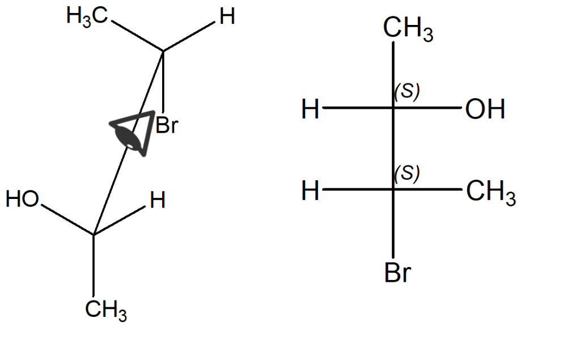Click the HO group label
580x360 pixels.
pos(22,200)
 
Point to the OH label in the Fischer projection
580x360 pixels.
pos(485,109)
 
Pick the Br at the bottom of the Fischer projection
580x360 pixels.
pos(397,273)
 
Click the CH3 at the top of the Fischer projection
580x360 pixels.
pos(408,29)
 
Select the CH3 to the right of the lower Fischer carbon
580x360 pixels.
pos(491,192)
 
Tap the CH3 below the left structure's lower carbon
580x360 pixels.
pos(106,310)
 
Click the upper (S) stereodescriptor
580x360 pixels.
pos(407,91)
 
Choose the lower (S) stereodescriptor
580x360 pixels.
pos(407,173)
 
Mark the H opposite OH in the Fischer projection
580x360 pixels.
pos(311,109)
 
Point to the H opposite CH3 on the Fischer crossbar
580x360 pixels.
pos(311,191)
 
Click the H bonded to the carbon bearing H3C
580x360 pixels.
pos(227,18)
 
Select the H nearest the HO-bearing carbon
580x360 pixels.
pos(158,200)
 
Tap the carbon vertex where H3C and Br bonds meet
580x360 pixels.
pos(163,52)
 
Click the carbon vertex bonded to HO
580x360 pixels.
pos(94,234)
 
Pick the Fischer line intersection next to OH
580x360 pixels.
pos(393,108)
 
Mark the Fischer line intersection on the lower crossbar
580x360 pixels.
pos(393,189)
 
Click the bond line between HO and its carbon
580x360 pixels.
pos(67,219)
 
